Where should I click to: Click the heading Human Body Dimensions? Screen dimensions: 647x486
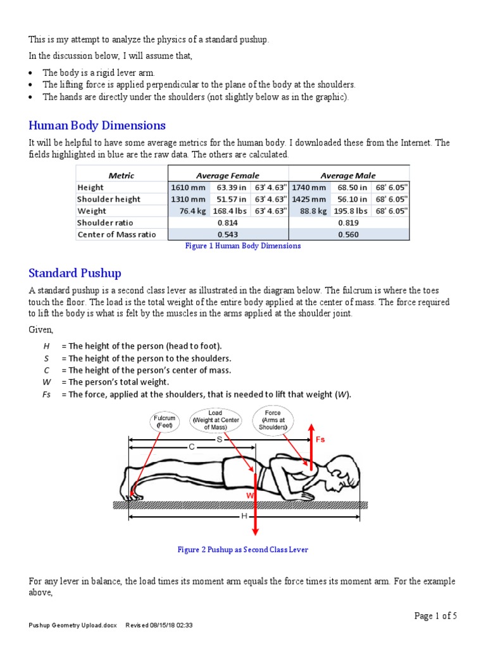coord(97,125)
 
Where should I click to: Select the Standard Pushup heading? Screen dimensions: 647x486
coord(75,273)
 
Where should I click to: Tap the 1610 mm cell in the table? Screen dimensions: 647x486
coord(185,187)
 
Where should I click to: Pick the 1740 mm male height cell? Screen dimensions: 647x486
coord(309,187)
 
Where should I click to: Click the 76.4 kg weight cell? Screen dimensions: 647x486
coord(190,211)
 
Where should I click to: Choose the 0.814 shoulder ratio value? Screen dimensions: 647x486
coord(227,222)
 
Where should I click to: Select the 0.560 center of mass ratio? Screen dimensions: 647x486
coord(349,234)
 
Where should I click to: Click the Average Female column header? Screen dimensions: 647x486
coord(227,175)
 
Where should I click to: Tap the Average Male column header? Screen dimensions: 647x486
coord(348,175)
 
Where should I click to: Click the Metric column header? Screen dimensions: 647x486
coord(121,175)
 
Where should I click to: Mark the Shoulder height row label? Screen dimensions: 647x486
coord(109,199)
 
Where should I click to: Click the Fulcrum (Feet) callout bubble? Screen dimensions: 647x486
coord(165,421)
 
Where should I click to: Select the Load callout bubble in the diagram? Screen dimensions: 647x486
coord(215,420)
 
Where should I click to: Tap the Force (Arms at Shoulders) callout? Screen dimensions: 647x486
coord(273,420)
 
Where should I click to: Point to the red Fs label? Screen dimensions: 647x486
coord(321,439)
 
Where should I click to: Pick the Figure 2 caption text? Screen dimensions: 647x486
coord(243,550)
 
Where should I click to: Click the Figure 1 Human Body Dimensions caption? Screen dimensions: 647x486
coord(243,246)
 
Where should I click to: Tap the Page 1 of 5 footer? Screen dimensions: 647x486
coord(435,616)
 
